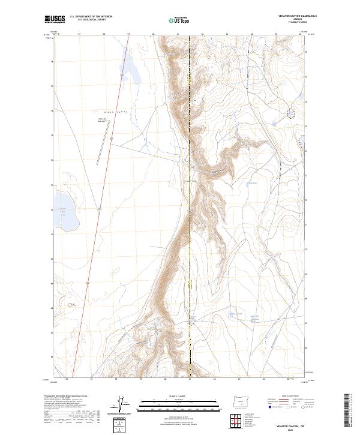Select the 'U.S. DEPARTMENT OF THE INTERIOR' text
tap(90, 17)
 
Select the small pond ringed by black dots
tap(291, 112)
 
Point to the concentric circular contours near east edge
tap(291, 228)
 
